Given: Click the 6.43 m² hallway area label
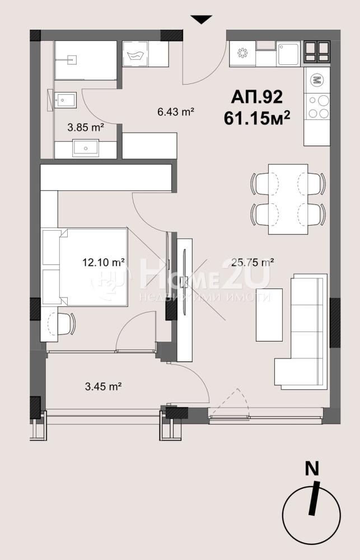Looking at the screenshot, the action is (x=176, y=112).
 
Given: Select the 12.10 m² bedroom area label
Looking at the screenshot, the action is (x=104, y=263).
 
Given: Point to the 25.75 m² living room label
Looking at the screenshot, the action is (x=253, y=263).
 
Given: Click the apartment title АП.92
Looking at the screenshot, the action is (x=257, y=97).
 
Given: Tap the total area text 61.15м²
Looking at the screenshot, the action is (x=256, y=118).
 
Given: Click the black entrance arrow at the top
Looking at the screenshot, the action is (x=202, y=19).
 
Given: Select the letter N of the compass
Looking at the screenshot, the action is (x=312, y=469).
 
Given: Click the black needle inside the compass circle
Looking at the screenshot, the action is (x=314, y=498).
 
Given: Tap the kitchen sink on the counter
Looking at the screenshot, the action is (x=288, y=54).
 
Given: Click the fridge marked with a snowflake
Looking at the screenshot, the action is (x=242, y=54).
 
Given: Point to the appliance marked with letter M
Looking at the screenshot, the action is (x=317, y=80).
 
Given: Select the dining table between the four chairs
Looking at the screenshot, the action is (x=288, y=199).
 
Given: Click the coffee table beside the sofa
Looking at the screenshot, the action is (x=270, y=315).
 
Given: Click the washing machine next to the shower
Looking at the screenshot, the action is (x=135, y=54).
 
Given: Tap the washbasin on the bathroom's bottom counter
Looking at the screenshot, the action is (x=86, y=148).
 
